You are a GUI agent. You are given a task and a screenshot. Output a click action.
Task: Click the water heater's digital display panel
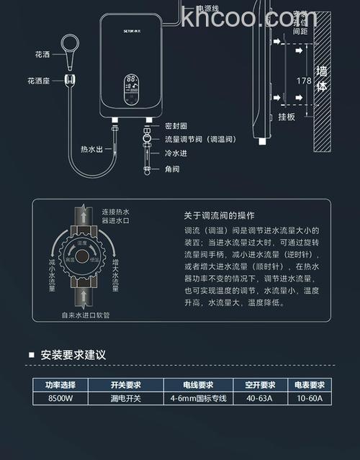pos(132,89)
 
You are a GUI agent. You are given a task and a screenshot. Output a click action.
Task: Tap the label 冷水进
pos(176,153)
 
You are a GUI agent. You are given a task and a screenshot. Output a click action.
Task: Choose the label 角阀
pos(172,169)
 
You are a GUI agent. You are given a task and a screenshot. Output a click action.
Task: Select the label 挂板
pos(286,116)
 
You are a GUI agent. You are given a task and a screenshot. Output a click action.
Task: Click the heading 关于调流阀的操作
pos(220,215)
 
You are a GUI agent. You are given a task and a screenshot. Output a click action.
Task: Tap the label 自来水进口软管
pos(90,314)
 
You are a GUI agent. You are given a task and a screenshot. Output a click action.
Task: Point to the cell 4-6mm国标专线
pos(199,397)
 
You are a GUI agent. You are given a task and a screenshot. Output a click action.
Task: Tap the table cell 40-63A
pos(261,397)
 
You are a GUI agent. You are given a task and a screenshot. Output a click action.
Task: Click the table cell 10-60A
pos(310,397)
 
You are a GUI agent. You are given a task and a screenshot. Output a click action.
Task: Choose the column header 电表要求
pos(310,384)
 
